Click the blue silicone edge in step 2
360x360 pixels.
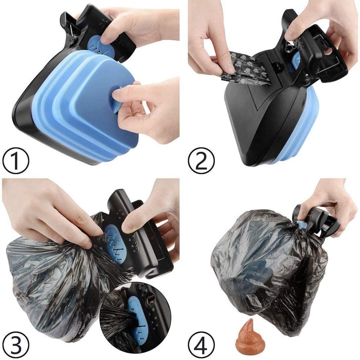(298, 129)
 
